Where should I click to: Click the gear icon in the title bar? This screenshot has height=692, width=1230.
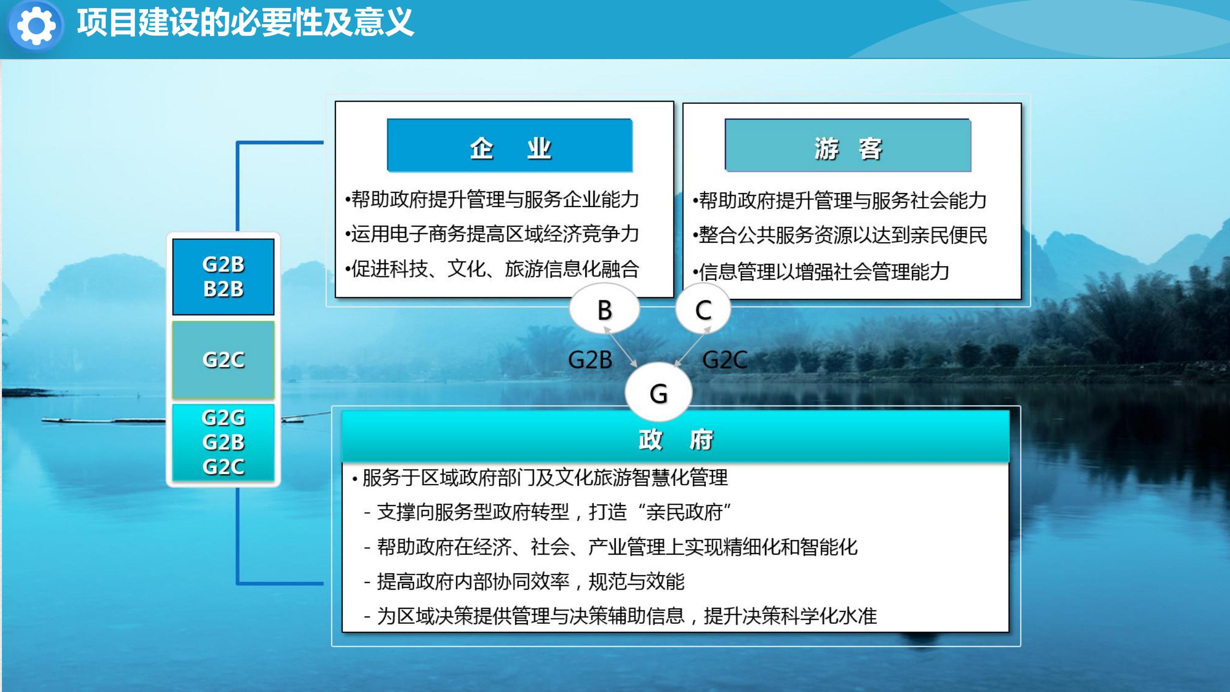tap(36, 25)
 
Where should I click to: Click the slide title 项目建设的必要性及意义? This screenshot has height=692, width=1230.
tap(246, 23)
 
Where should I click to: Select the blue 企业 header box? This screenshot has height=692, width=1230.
tap(510, 145)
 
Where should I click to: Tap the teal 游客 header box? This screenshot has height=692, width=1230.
tap(848, 145)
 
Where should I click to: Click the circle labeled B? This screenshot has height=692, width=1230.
tap(604, 309)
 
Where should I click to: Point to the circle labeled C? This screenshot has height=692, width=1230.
tap(703, 309)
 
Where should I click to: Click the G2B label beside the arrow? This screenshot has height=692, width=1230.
tap(590, 360)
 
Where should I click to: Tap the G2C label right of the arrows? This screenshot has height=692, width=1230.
tap(725, 360)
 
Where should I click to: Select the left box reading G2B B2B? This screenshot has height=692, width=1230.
tap(223, 277)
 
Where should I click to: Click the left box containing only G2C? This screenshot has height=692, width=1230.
tap(223, 360)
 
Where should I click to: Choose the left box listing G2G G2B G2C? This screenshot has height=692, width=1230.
tap(223, 443)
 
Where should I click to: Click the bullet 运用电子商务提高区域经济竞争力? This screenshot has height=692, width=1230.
tap(492, 234)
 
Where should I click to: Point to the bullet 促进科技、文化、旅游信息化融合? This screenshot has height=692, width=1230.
tap(492, 269)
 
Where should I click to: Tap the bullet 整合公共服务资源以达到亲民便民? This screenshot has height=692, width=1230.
tap(840, 235)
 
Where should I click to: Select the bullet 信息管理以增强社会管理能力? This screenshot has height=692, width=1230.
tap(821, 272)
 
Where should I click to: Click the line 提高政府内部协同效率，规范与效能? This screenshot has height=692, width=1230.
tap(524, 581)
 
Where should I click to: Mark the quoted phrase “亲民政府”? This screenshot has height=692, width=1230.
tap(683, 512)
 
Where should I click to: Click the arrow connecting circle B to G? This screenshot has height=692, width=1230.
tap(620, 347)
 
